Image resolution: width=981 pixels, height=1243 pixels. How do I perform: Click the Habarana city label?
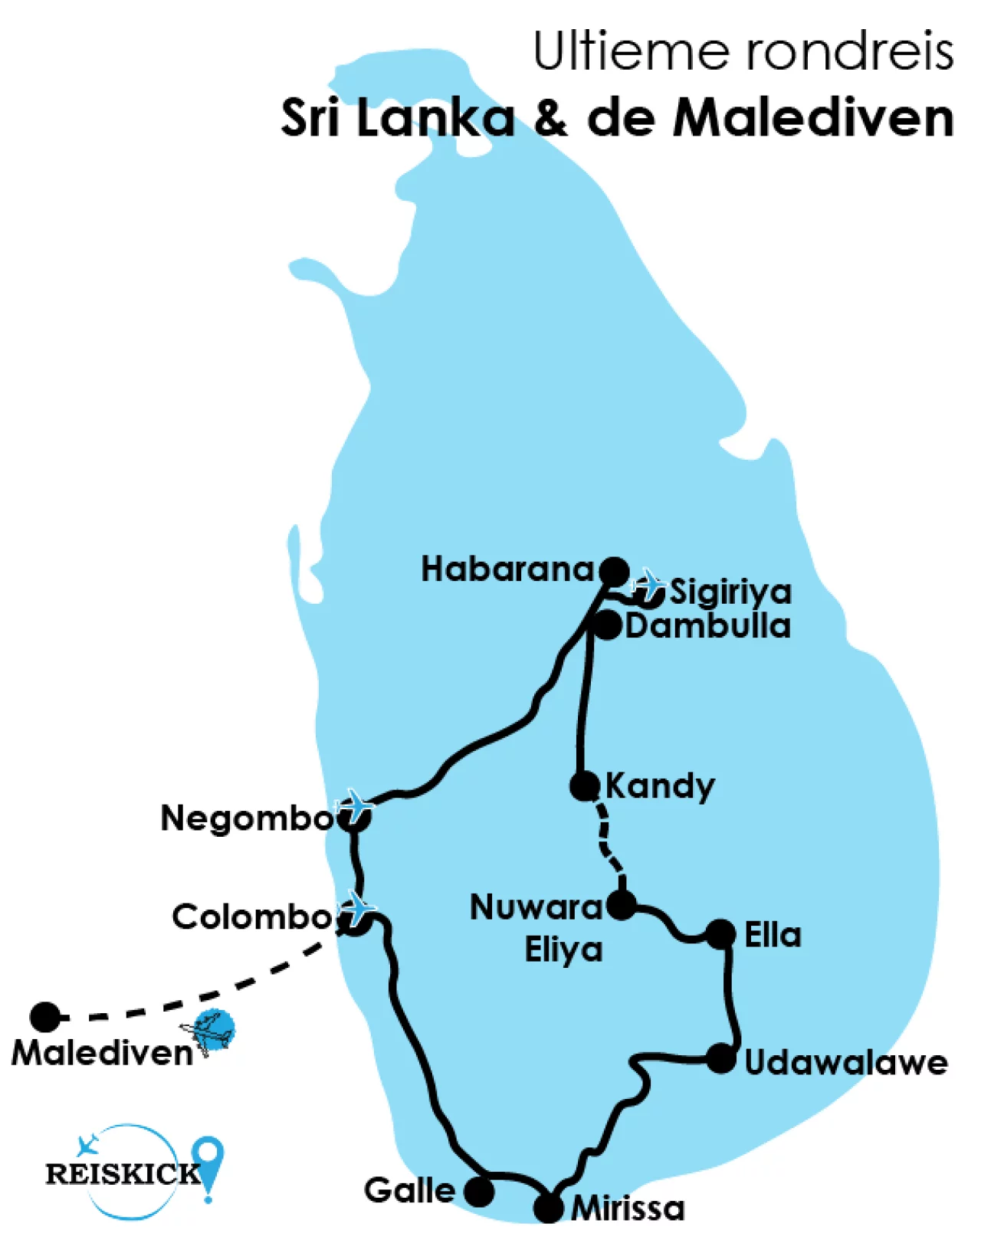click(x=507, y=569)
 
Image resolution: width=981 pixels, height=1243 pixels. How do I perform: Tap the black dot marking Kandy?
click(x=584, y=785)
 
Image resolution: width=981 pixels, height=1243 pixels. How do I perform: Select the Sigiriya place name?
click(x=730, y=592)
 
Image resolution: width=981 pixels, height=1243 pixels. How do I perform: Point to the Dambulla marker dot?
click(x=607, y=625)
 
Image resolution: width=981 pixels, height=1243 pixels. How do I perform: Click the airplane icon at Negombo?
click(x=356, y=805)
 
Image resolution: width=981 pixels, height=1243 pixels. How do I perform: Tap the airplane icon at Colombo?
click(x=359, y=907)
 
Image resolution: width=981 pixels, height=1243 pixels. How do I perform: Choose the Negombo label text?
click(x=247, y=818)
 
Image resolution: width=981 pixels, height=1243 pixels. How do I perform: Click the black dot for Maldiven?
click(x=45, y=1017)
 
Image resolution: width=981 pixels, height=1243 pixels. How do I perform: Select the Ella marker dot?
click(x=720, y=934)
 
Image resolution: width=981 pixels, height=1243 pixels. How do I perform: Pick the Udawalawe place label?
click(x=846, y=1063)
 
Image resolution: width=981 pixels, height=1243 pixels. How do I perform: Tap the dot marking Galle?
click(x=479, y=1192)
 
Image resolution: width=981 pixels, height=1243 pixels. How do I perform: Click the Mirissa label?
click(x=628, y=1209)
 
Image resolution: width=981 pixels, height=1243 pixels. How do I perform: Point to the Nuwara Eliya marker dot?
click(x=621, y=905)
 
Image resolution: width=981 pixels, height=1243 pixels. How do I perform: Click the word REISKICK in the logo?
click(x=123, y=1173)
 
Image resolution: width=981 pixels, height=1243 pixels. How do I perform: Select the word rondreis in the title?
click(x=849, y=52)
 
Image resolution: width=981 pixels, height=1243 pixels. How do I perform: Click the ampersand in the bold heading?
click(x=551, y=119)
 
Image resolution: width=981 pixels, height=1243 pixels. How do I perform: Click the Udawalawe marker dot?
click(x=720, y=1059)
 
